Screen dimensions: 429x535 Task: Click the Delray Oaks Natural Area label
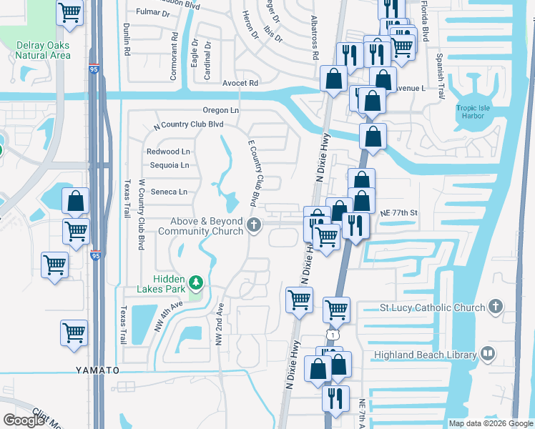(43, 50)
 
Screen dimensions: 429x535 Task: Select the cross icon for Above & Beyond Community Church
(253, 227)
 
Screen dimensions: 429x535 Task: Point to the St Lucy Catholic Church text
(433, 308)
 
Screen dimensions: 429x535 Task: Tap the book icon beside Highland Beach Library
(488, 354)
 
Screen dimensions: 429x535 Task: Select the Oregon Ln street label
(220, 110)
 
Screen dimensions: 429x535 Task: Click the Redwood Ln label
(168, 152)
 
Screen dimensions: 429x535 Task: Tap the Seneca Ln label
(167, 192)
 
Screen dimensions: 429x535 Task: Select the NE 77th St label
(398, 213)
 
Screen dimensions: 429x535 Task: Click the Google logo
(24, 420)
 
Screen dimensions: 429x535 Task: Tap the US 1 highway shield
(333, 335)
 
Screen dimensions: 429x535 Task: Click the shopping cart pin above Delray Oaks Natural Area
(70, 13)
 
